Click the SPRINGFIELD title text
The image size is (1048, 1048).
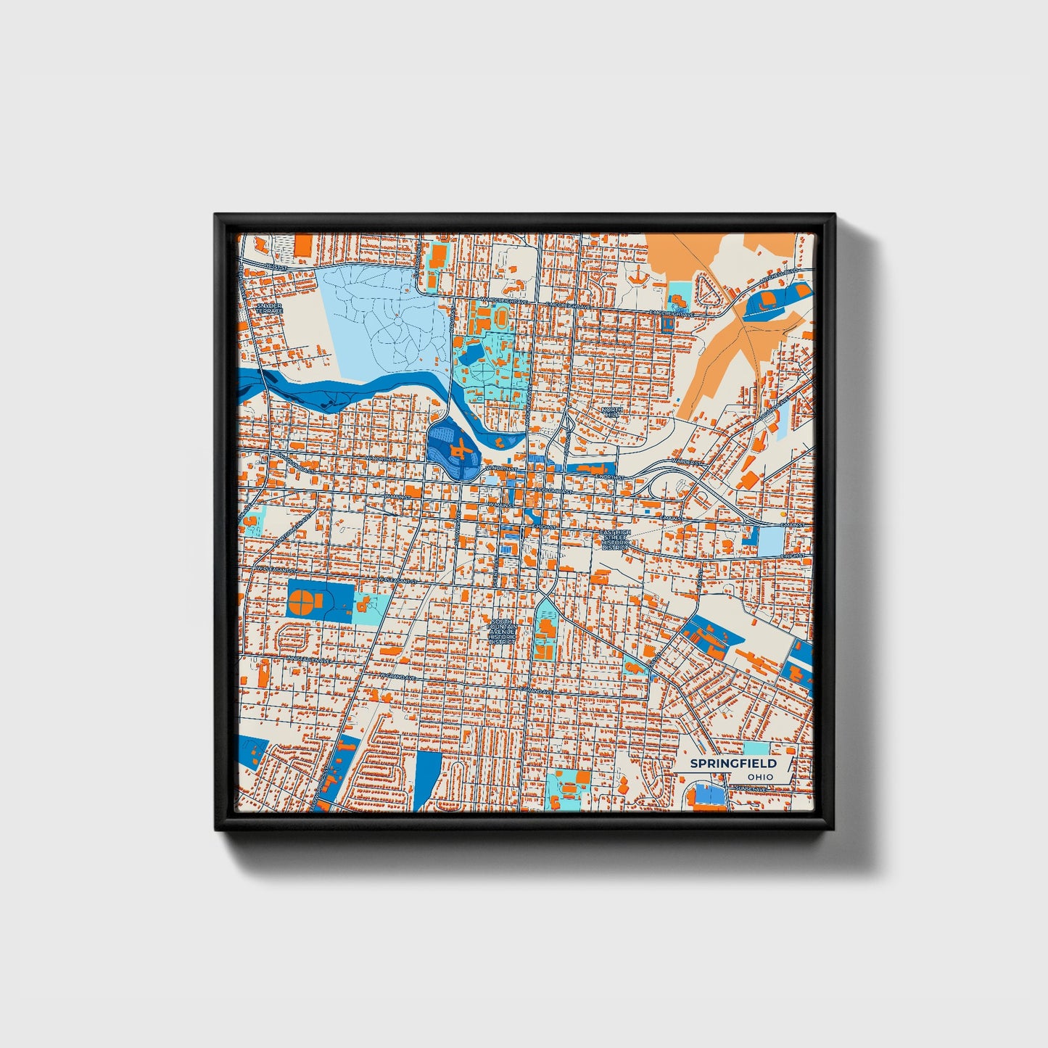733,764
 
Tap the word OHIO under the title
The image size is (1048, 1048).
761,777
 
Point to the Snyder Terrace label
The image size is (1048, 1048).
270,308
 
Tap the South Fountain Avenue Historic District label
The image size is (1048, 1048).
502,632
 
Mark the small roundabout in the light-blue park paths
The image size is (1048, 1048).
397,318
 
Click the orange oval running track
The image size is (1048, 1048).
500,317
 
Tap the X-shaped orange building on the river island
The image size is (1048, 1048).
458,452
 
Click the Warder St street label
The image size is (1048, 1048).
685,461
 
